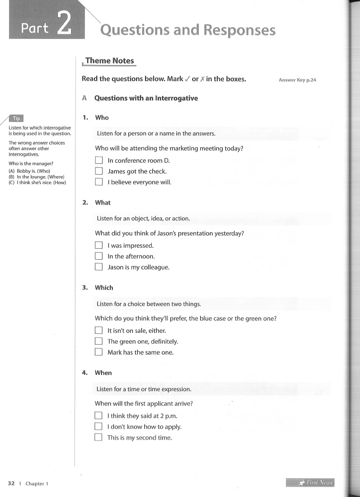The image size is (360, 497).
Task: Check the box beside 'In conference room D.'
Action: (x=99, y=160)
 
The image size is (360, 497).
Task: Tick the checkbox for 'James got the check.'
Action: (x=99, y=171)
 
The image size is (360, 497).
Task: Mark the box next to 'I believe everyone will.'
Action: (x=99, y=182)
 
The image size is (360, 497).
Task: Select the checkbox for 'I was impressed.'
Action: (x=99, y=245)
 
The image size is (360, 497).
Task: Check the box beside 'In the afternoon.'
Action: (x=99, y=256)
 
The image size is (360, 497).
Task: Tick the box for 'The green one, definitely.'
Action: (x=99, y=341)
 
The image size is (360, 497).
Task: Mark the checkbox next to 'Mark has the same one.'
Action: (x=99, y=352)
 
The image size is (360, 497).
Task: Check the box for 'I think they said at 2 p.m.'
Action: (x=99, y=416)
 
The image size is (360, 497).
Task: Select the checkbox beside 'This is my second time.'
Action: (x=99, y=438)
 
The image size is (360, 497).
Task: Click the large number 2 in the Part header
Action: (x=64, y=24)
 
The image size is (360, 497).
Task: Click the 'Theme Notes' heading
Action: (x=110, y=61)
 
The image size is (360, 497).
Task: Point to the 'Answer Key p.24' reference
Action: (x=297, y=80)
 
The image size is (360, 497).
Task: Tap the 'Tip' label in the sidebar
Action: (x=17, y=119)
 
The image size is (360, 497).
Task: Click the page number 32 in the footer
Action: (x=11, y=483)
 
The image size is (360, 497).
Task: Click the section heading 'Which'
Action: (x=104, y=288)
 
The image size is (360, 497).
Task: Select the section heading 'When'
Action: (x=103, y=373)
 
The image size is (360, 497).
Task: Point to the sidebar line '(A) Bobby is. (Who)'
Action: (x=29, y=171)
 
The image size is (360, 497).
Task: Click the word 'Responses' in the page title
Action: (x=239, y=30)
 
